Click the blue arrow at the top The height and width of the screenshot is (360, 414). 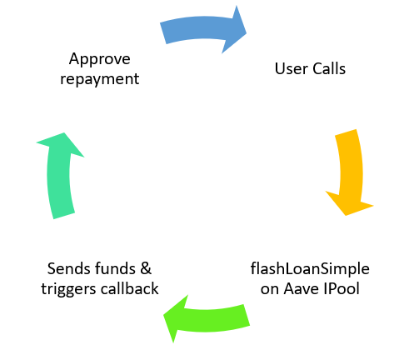click(200, 29)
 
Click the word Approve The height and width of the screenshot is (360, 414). click(99, 60)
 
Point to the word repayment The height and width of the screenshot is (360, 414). click(99, 81)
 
